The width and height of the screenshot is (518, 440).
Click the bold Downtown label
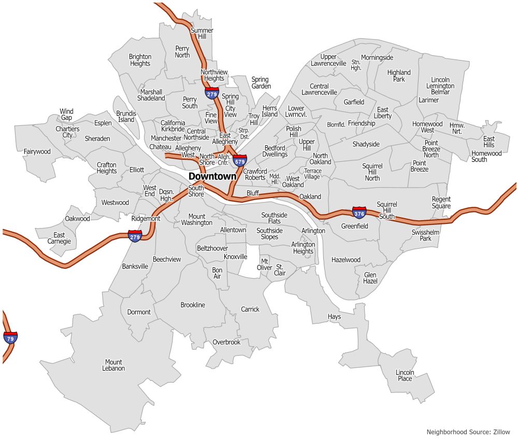(212, 176)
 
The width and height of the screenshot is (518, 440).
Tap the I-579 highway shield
(240, 160)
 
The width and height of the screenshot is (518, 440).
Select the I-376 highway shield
(359, 212)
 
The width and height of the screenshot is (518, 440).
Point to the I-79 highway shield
(10, 338)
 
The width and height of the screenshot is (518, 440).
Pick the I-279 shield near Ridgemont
(135, 236)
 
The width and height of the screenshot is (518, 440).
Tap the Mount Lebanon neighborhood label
(113, 365)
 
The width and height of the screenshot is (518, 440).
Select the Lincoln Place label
(405, 375)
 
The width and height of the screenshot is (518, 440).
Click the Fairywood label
(37, 151)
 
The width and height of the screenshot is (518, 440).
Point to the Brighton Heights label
(140, 60)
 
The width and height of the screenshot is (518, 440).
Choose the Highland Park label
(399, 76)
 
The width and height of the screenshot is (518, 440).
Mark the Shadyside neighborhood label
(366, 144)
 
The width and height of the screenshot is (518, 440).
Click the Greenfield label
(354, 226)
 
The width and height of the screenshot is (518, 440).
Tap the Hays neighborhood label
(334, 316)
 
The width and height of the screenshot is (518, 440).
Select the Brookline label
(193, 305)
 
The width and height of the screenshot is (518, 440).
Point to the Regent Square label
(441, 203)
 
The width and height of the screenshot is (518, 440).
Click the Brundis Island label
(126, 116)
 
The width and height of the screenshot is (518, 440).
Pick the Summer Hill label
(202, 33)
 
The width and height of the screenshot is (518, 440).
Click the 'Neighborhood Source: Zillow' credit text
(468, 432)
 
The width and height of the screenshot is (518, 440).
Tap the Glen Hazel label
(370, 278)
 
